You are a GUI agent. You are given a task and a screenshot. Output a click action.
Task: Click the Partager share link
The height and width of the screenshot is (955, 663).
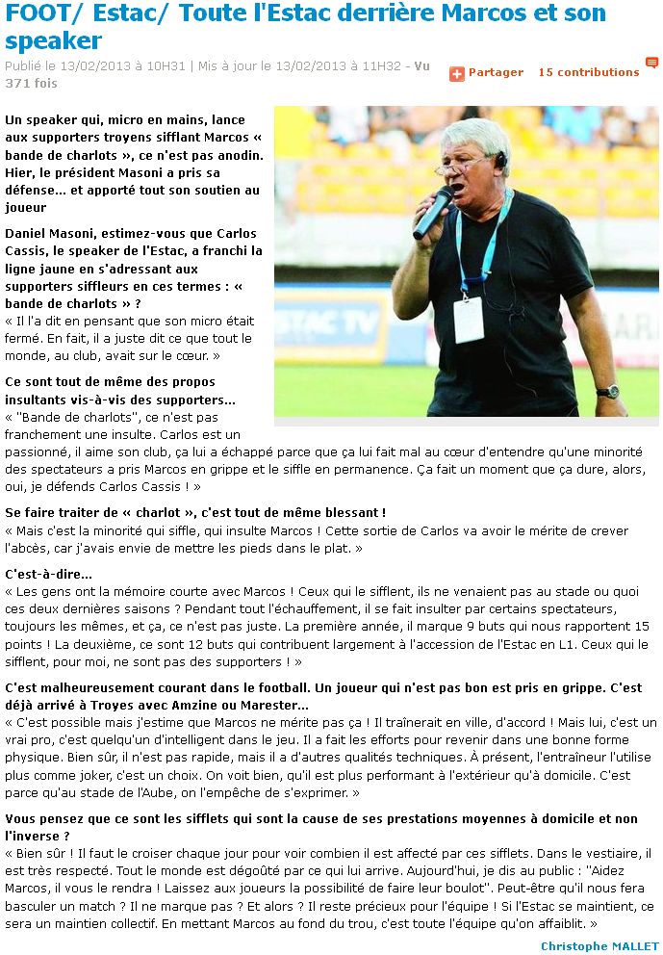[x=496, y=72]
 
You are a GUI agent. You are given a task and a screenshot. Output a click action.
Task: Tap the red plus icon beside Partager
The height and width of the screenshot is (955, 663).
[x=457, y=73]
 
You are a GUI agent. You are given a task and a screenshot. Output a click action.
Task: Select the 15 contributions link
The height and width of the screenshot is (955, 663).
[x=588, y=72]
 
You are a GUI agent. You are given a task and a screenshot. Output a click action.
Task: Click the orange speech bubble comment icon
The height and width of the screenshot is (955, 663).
[x=651, y=64]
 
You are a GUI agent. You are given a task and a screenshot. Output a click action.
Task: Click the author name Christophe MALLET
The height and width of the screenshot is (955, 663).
[x=599, y=946]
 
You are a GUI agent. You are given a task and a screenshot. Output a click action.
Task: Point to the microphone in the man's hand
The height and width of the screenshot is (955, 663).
[x=432, y=212]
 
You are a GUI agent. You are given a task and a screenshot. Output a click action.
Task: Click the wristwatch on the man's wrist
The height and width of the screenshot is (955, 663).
[x=607, y=391]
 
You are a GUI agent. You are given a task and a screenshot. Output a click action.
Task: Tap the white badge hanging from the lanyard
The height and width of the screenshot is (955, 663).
[x=469, y=319]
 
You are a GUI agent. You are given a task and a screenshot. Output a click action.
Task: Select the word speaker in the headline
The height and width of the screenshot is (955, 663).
[x=53, y=41]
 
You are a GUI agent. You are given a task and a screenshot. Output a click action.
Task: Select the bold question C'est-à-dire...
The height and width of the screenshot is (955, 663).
[x=48, y=574]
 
